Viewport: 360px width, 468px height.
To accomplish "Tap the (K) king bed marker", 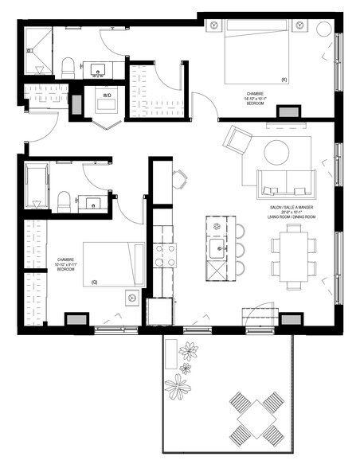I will point(284,79).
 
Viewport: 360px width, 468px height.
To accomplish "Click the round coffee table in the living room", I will point(277,151).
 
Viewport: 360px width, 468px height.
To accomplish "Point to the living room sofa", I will point(284,184).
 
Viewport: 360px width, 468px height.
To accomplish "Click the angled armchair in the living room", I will point(237,142).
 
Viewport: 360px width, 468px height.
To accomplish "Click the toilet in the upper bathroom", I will point(68,68).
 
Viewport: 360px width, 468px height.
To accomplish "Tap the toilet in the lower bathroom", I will point(65,201).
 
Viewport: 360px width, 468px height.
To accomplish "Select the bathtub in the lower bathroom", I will point(37,186).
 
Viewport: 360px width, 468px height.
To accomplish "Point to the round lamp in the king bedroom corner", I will point(325,29).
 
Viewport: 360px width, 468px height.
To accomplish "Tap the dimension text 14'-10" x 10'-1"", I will point(256,99).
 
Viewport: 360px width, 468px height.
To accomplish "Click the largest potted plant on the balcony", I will point(177,387).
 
